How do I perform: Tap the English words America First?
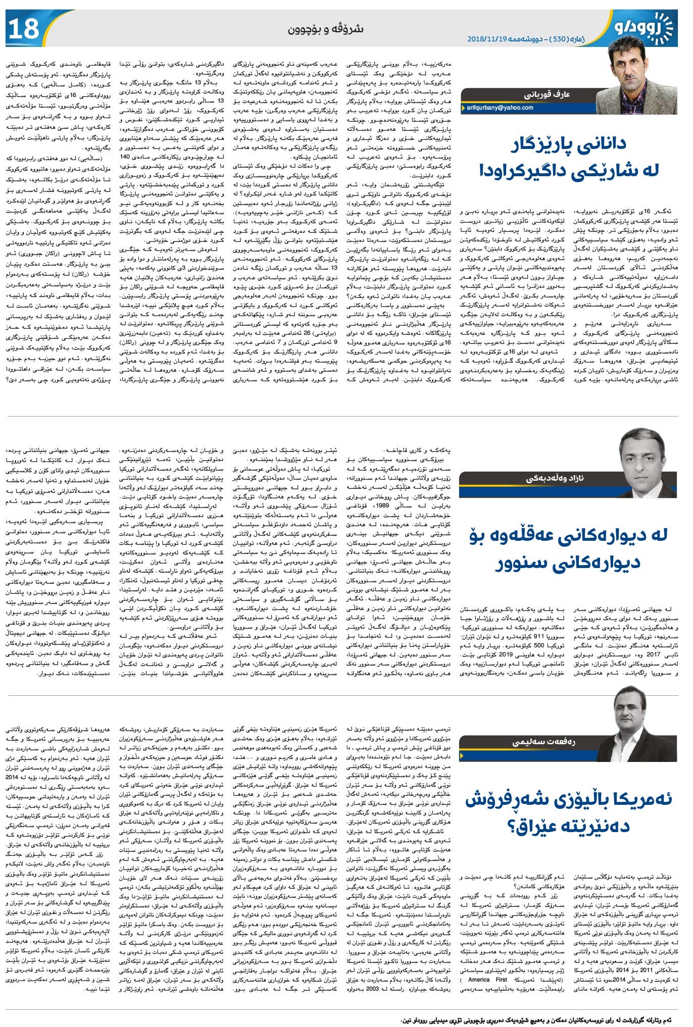tap(485, 980)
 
